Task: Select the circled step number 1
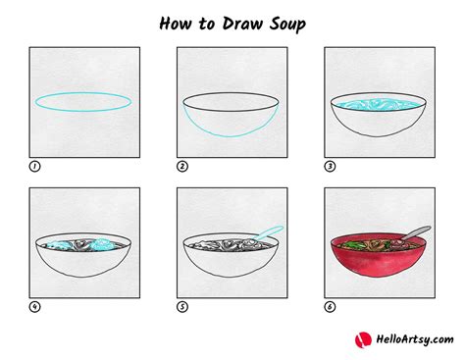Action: [35, 167]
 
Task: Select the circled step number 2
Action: [182, 167]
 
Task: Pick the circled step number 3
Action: [330, 167]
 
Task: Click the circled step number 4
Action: [35, 306]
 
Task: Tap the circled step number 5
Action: [182, 306]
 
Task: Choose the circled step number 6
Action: [330, 306]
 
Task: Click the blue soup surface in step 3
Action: [377, 103]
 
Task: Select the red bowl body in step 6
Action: [377, 265]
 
